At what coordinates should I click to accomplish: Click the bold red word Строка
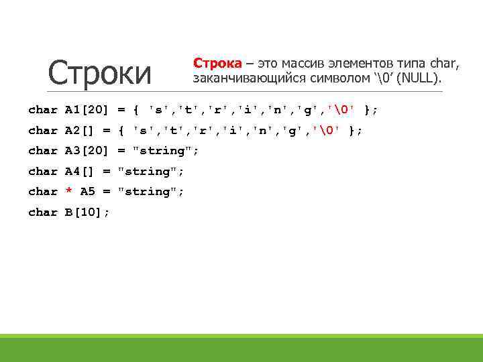(x=217, y=63)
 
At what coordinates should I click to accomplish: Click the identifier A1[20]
(x=87, y=110)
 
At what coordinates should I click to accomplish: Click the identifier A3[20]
(x=87, y=151)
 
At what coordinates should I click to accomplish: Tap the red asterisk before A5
(x=68, y=192)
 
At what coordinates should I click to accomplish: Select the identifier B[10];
(x=87, y=212)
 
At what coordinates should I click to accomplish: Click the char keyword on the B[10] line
(x=43, y=212)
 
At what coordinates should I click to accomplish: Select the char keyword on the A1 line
(x=43, y=110)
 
